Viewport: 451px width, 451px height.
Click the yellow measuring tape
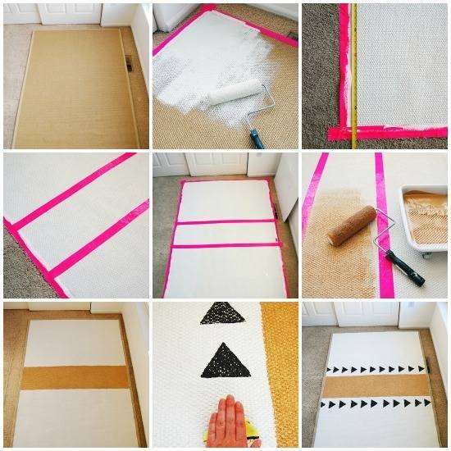(353, 74)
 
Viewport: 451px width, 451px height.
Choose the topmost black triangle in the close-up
(221, 313)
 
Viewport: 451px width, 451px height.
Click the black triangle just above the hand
(225, 361)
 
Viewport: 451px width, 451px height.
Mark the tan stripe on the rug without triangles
(74, 377)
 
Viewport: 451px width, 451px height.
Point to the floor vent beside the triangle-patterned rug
(429, 367)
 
